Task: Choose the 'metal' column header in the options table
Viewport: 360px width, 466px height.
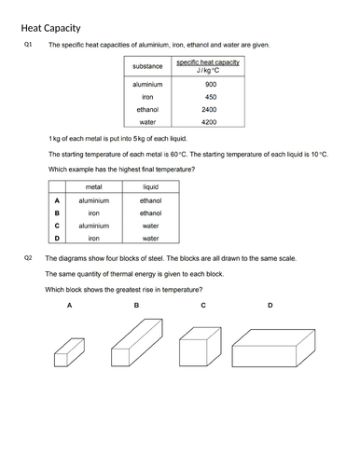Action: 93,187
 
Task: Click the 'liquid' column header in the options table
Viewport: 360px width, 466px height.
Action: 150,187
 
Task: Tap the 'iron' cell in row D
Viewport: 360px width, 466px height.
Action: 93,238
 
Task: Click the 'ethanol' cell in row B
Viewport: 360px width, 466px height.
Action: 150,212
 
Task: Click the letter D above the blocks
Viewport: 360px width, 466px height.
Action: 270,305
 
